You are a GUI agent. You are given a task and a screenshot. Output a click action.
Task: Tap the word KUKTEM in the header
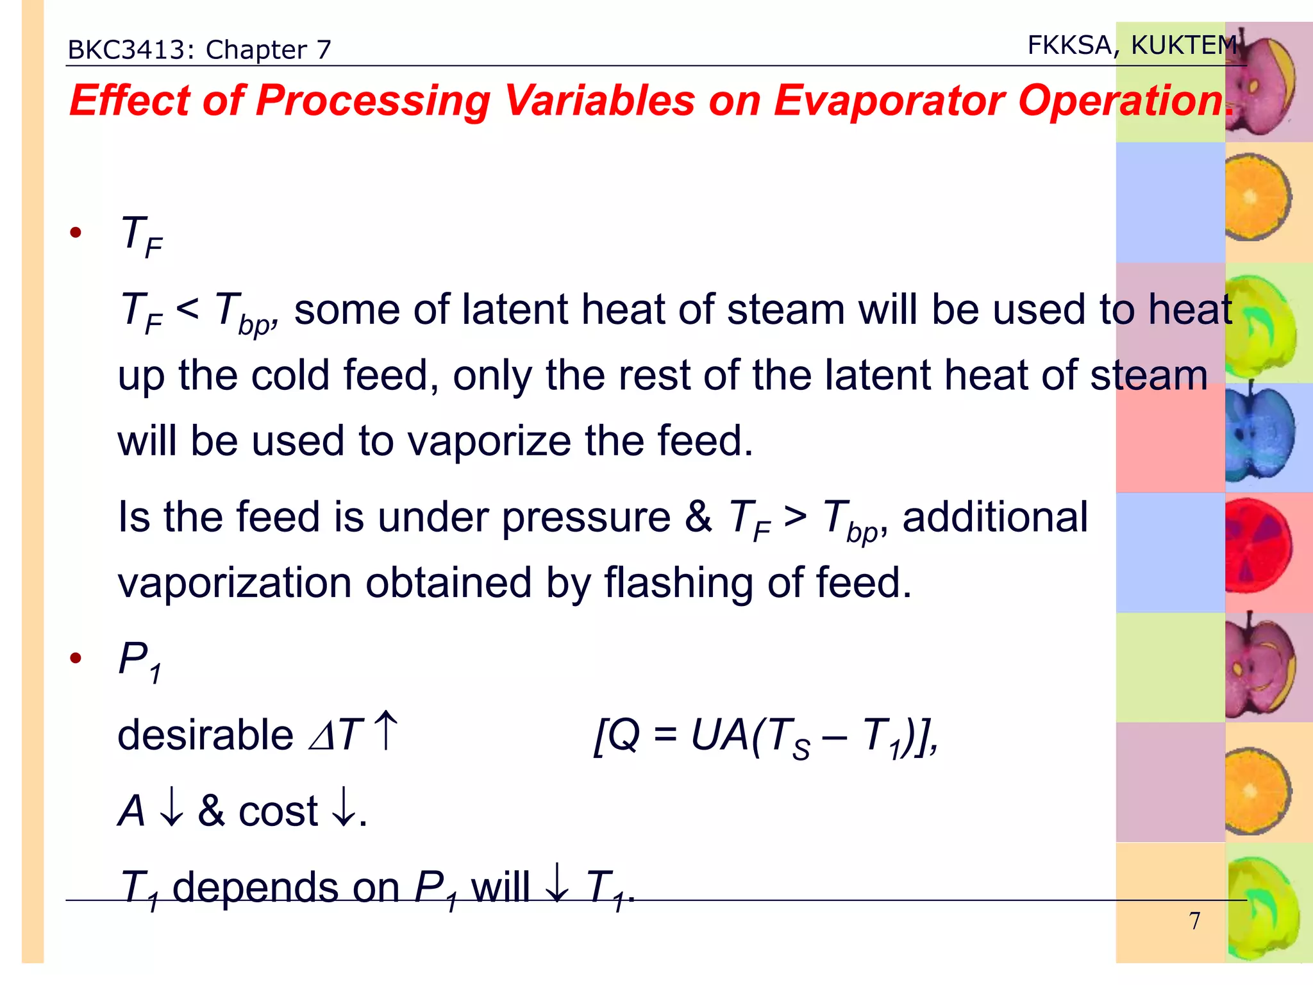click(x=1183, y=46)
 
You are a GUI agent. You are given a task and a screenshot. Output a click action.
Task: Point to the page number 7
click(x=1194, y=921)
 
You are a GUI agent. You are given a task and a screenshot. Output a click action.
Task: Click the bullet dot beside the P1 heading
click(x=76, y=658)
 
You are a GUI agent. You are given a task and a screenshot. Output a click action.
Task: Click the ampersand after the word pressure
click(x=698, y=517)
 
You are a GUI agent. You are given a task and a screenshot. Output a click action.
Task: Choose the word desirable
click(x=205, y=735)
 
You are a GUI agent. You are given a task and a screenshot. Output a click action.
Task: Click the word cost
click(x=278, y=812)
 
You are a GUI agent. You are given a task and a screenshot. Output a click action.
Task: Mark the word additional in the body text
click(x=995, y=517)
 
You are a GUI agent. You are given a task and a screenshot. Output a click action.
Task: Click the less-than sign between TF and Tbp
click(x=187, y=309)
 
